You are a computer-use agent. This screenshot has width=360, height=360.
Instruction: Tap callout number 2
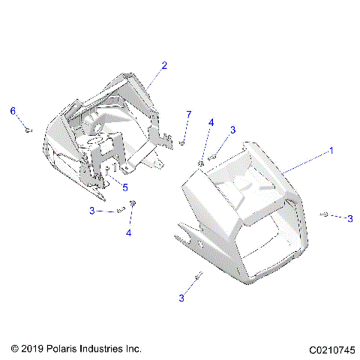click(x=163, y=65)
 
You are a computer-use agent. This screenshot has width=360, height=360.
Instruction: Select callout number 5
click(x=125, y=187)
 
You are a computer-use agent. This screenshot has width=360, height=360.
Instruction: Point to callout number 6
click(x=13, y=111)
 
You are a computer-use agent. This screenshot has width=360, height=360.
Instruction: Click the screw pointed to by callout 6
click(x=28, y=130)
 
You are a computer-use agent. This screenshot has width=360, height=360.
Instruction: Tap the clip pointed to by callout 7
click(x=182, y=142)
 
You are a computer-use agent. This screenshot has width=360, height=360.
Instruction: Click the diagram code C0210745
click(x=330, y=349)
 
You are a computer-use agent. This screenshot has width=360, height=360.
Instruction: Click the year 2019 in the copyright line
click(x=29, y=349)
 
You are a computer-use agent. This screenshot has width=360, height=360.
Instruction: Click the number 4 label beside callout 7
click(x=211, y=122)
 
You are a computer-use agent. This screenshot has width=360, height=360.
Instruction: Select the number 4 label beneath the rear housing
click(x=128, y=233)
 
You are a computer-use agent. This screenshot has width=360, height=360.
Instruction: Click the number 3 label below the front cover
click(x=181, y=298)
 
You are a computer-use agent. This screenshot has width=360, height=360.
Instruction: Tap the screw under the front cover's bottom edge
click(x=198, y=277)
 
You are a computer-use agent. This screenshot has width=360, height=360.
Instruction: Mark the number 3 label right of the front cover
click(x=349, y=218)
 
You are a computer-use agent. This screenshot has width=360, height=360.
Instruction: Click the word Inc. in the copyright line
click(x=132, y=349)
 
